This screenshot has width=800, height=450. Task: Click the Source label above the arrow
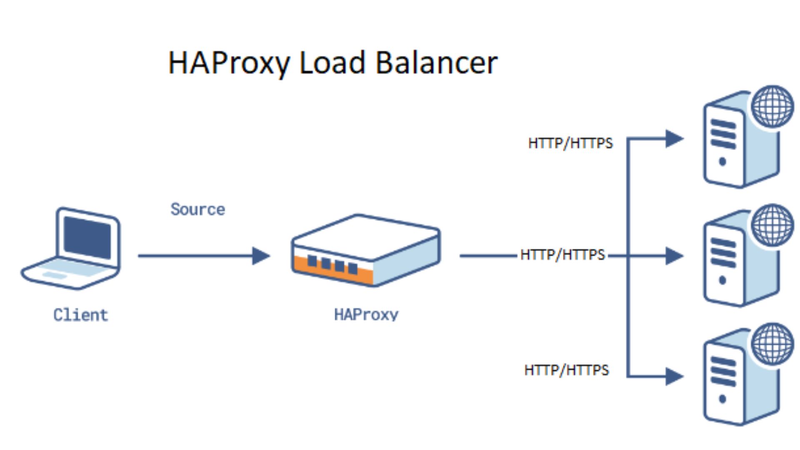click(197, 209)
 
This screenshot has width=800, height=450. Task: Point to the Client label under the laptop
click(81, 315)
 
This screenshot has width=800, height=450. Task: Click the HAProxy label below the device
click(366, 315)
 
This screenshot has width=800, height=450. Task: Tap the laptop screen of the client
click(87, 238)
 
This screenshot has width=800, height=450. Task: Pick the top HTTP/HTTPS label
click(570, 143)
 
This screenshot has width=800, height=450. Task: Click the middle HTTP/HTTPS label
click(562, 255)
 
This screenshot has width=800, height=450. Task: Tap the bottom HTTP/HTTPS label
click(566, 370)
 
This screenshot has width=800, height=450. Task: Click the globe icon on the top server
click(772, 106)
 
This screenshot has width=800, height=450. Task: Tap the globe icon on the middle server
click(772, 225)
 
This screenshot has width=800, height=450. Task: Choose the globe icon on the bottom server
click(772, 344)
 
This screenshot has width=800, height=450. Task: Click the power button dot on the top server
click(722, 162)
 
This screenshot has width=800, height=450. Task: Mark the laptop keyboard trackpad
click(54, 275)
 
